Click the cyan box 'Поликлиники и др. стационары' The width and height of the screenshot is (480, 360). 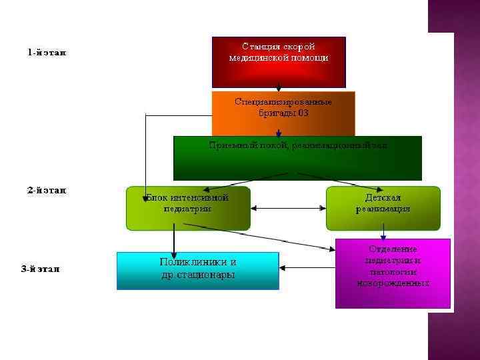[197, 270]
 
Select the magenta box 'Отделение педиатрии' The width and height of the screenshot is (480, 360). [393, 273]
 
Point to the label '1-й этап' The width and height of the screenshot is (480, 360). [47, 52]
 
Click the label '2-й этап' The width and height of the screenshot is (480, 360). [47, 190]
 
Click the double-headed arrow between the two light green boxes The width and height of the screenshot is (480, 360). [288, 209]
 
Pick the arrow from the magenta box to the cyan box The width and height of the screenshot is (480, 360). [307, 269]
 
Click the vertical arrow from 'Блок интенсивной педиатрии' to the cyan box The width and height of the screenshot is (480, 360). [174, 241]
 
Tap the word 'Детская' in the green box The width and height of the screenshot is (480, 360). [383, 198]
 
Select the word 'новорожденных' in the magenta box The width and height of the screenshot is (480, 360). [393, 283]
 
